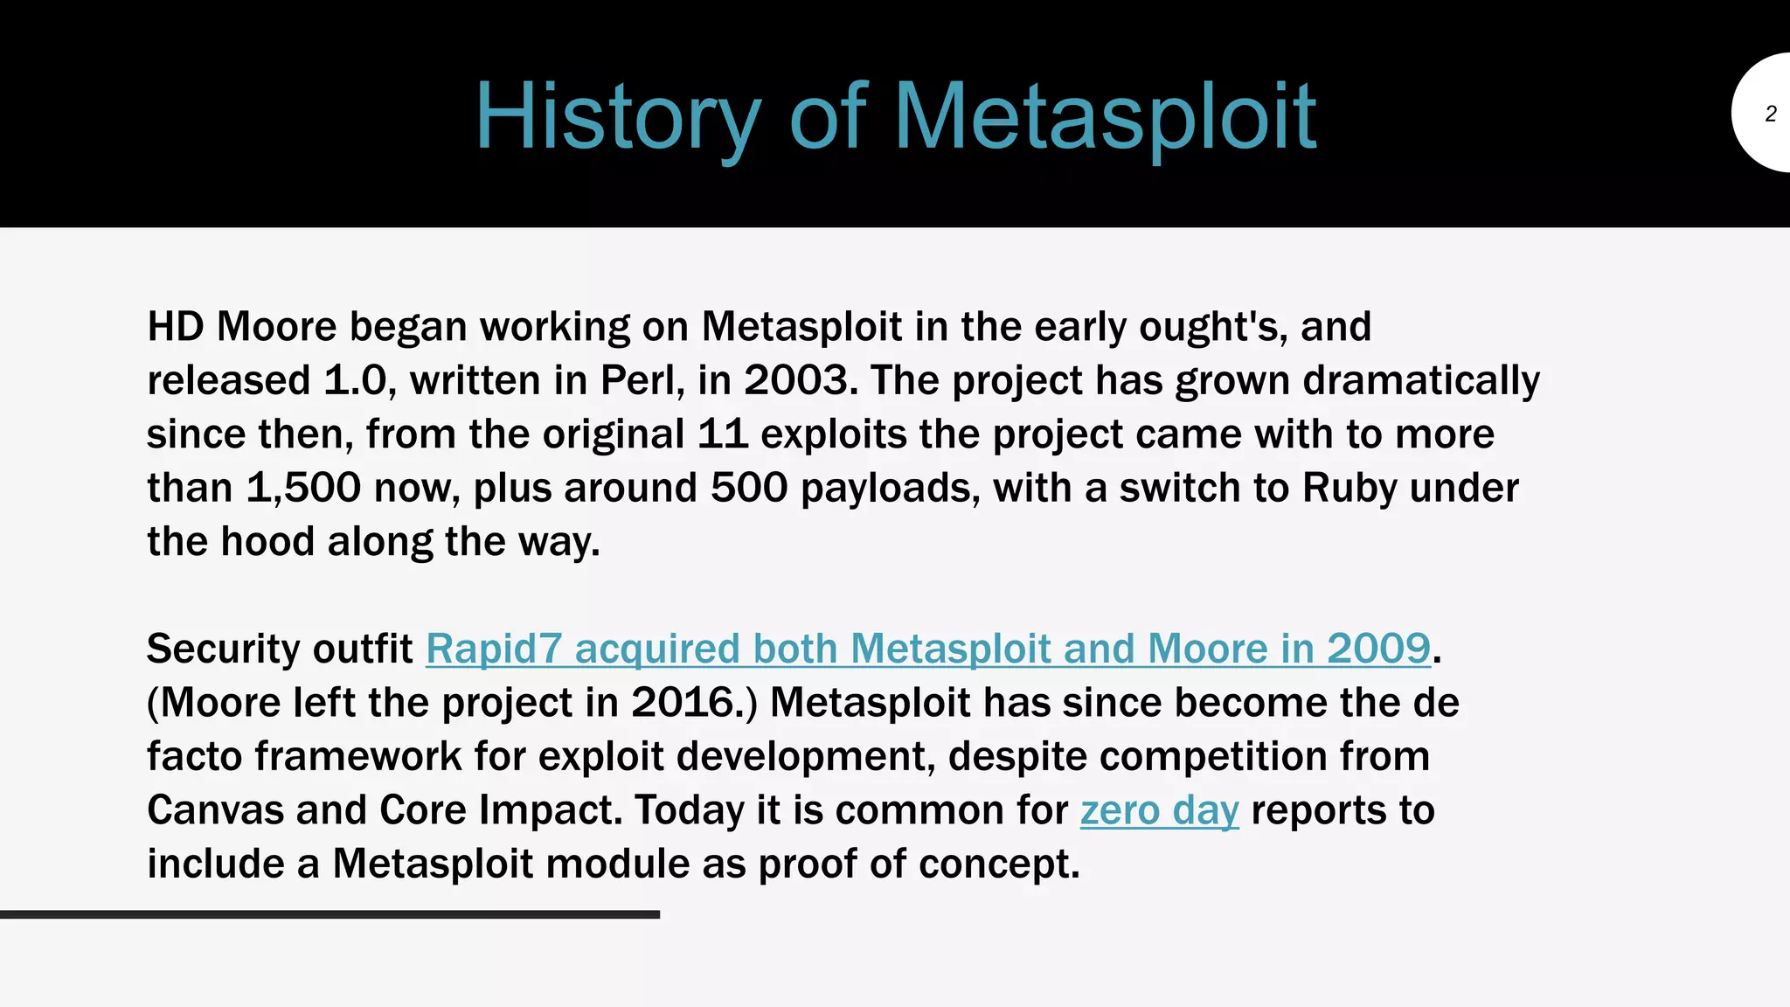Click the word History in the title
coord(617,118)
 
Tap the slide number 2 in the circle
coord(1770,114)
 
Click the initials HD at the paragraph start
coord(175,327)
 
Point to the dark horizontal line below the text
coord(330,914)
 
